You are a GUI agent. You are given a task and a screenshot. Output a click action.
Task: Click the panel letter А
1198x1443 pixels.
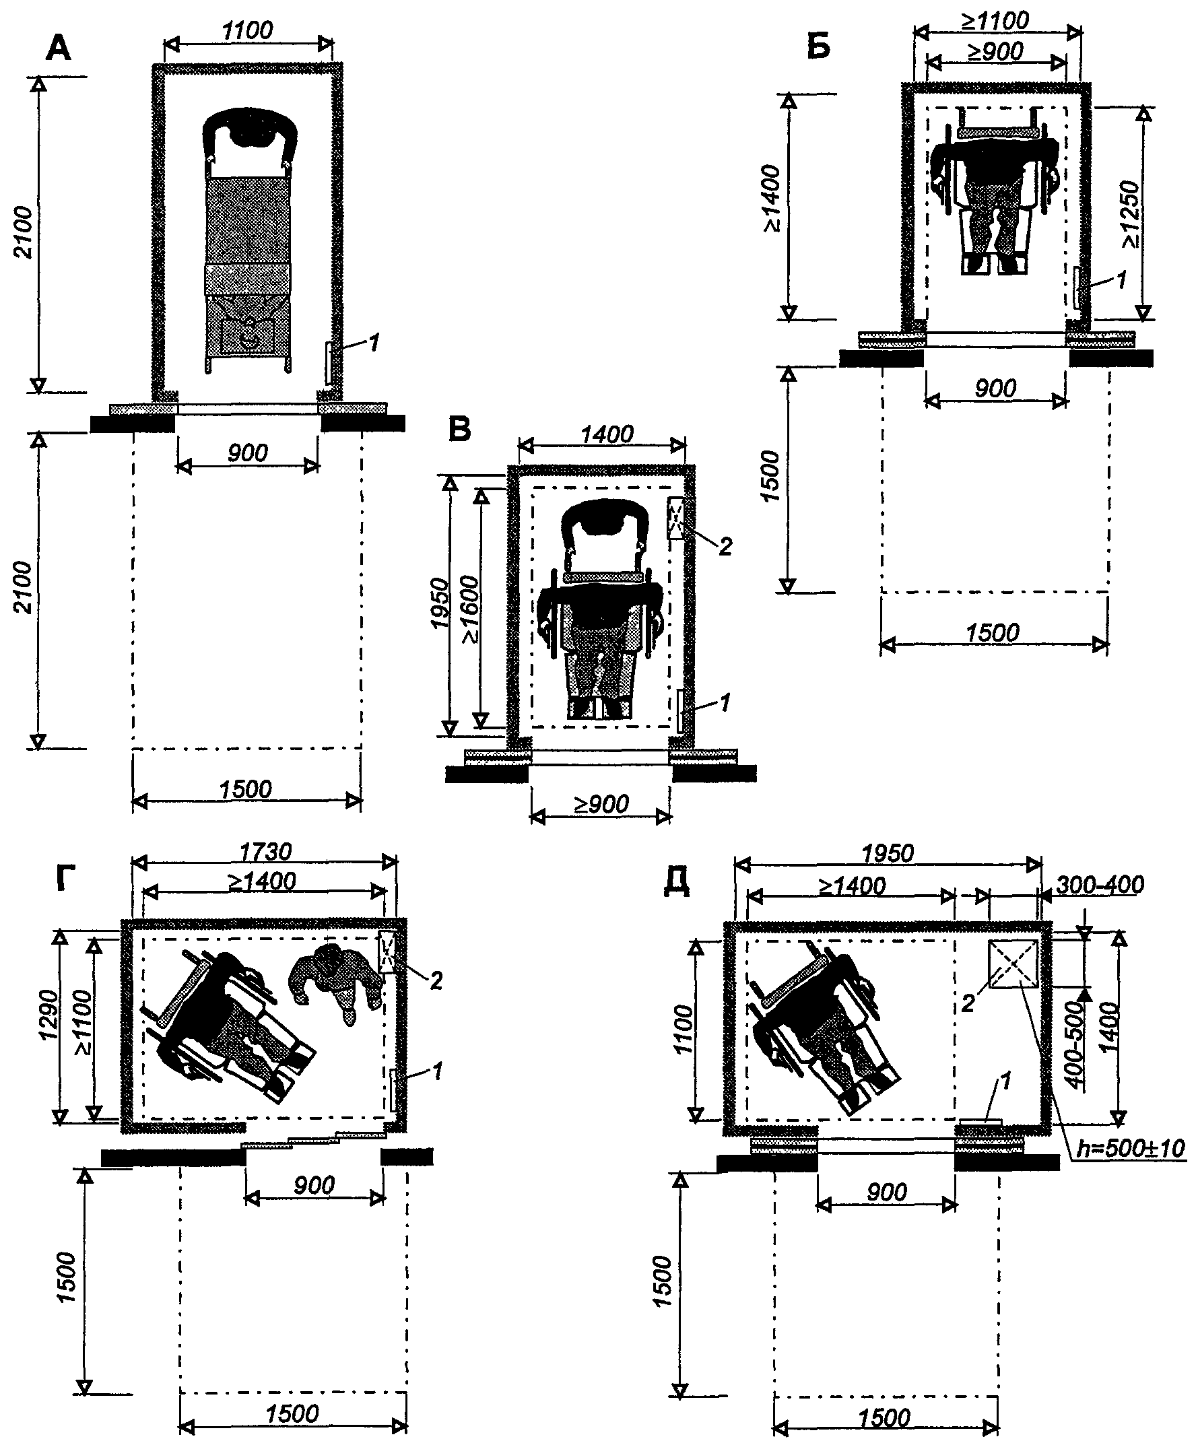coord(58,48)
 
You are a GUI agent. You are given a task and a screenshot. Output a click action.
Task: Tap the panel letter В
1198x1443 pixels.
coord(459,430)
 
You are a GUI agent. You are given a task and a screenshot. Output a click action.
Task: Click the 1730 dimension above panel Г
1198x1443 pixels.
coord(265,852)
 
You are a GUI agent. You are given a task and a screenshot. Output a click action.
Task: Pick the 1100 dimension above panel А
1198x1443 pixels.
coord(247,30)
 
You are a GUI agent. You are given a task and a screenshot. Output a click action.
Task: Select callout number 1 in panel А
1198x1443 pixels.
coord(374,343)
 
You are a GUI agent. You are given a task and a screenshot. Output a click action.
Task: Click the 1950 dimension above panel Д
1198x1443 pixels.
coord(888,853)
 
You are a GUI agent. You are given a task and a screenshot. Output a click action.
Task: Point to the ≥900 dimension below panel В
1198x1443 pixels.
coord(601,804)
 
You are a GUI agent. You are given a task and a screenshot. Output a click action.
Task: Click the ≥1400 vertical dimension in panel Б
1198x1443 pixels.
coord(773,198)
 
